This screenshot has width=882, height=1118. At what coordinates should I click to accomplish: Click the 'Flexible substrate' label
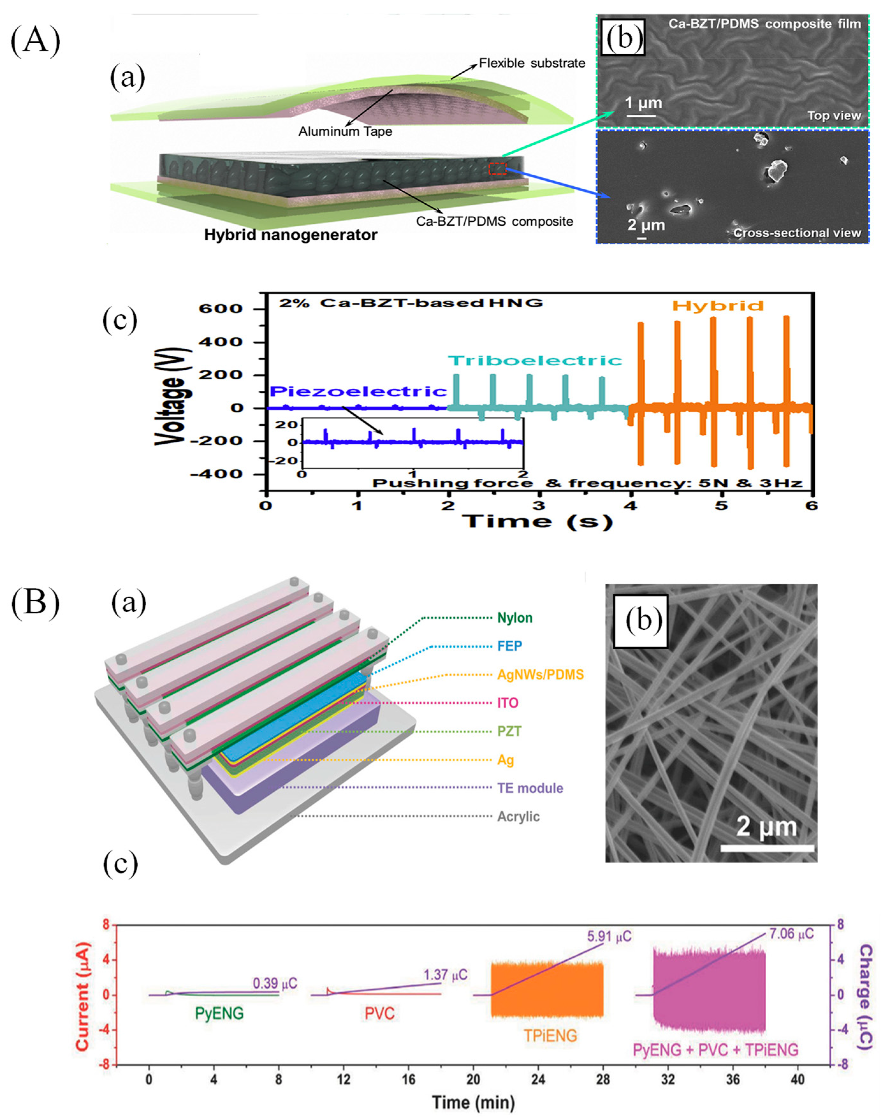532,63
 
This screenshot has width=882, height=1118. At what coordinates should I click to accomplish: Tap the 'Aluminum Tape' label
345,132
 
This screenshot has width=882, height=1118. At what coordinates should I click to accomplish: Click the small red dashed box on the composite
498,168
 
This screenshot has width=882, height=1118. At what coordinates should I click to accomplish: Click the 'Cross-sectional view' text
797,233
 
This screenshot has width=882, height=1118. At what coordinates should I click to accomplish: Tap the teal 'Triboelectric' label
534,360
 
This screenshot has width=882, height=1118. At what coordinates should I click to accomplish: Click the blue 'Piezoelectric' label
358,391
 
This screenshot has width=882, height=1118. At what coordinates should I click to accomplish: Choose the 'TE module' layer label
530,788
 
